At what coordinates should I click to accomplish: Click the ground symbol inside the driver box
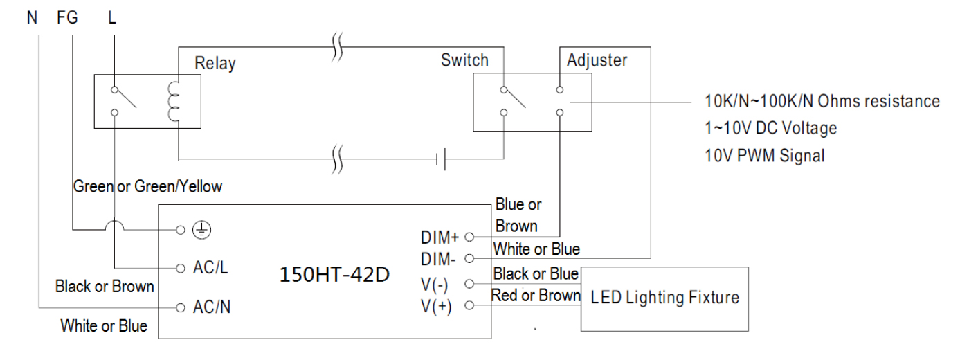[x=201, y=230]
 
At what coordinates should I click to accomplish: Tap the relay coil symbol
[x=173, y=102]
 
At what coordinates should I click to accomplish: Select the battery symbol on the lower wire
[x=441, y=159]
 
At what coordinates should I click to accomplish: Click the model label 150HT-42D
[x=334, y=274]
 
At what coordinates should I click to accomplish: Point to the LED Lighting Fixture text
[x=665, y=297]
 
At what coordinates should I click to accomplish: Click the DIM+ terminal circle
[x=469, y=237]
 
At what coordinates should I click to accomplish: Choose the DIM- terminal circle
[x=469, y=259]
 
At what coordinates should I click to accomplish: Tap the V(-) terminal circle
[x=469, y=284]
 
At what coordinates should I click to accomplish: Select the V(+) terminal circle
[x=469, y=305]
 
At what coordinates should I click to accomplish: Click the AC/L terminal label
[x=210, y=267]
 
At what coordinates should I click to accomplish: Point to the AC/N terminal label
[x=212, y=307]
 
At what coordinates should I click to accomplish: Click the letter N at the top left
[x=32, y=18]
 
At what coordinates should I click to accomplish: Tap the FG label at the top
[x=68, y=18]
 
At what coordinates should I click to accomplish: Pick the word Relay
[x=215, y=64]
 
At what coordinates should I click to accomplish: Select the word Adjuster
[x=597, y=61]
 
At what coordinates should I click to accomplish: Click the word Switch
[x=464, y=60]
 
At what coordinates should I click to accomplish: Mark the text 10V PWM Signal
[x=764, y=156]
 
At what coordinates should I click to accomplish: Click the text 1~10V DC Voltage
[x=771, y=129]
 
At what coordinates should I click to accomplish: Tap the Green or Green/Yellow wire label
[x=147, y=186]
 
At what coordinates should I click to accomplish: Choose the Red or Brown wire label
[x=536, y=296]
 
